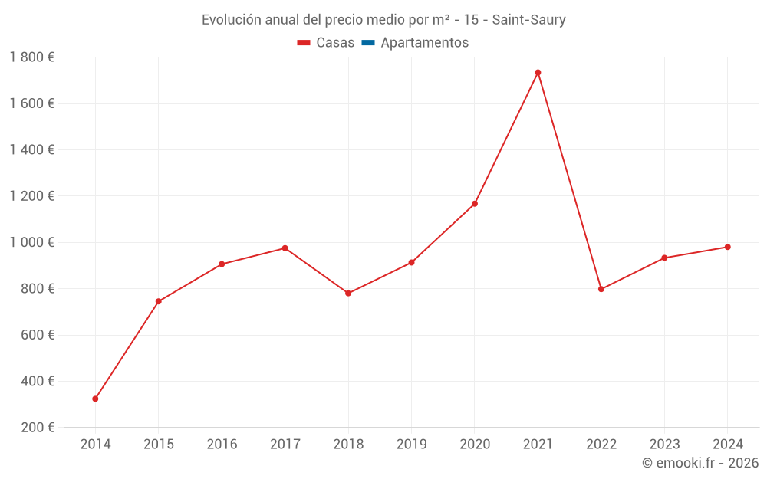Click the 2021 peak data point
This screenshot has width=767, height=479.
pyautogui.click(x=538, y=73)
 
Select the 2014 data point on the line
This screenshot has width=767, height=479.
pyautogui.click(x=95, y=399)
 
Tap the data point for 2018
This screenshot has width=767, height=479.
pyautogui.click(x=348, y=293)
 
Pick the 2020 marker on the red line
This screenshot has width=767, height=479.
pyautogui.click(x=475, y=204)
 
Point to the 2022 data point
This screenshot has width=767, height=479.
pyautogui.click(x=601, y=289)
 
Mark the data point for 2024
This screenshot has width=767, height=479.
pyautogui.click(x=727, y=247)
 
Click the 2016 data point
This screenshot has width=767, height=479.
pyautogui.click(x=222, y=264)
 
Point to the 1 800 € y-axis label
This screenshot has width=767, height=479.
pyautogui.click(x=32, y=57)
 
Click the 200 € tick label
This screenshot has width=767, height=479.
pyautogui.click(x=37, y=428)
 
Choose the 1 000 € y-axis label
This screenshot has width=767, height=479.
pyautogui.click(x=32, y=242)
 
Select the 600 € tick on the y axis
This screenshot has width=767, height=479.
pyautogui.click(x=37, y=335)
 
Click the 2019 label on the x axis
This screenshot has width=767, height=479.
pyautogui.click(x=411, y=445)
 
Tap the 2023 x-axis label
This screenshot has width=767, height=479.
pyautogui.click(x=664, y=445)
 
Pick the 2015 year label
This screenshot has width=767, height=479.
pyautogui.click(x=159, y=445)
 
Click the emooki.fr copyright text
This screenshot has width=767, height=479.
pyautogui.click(x=700, y=463)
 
